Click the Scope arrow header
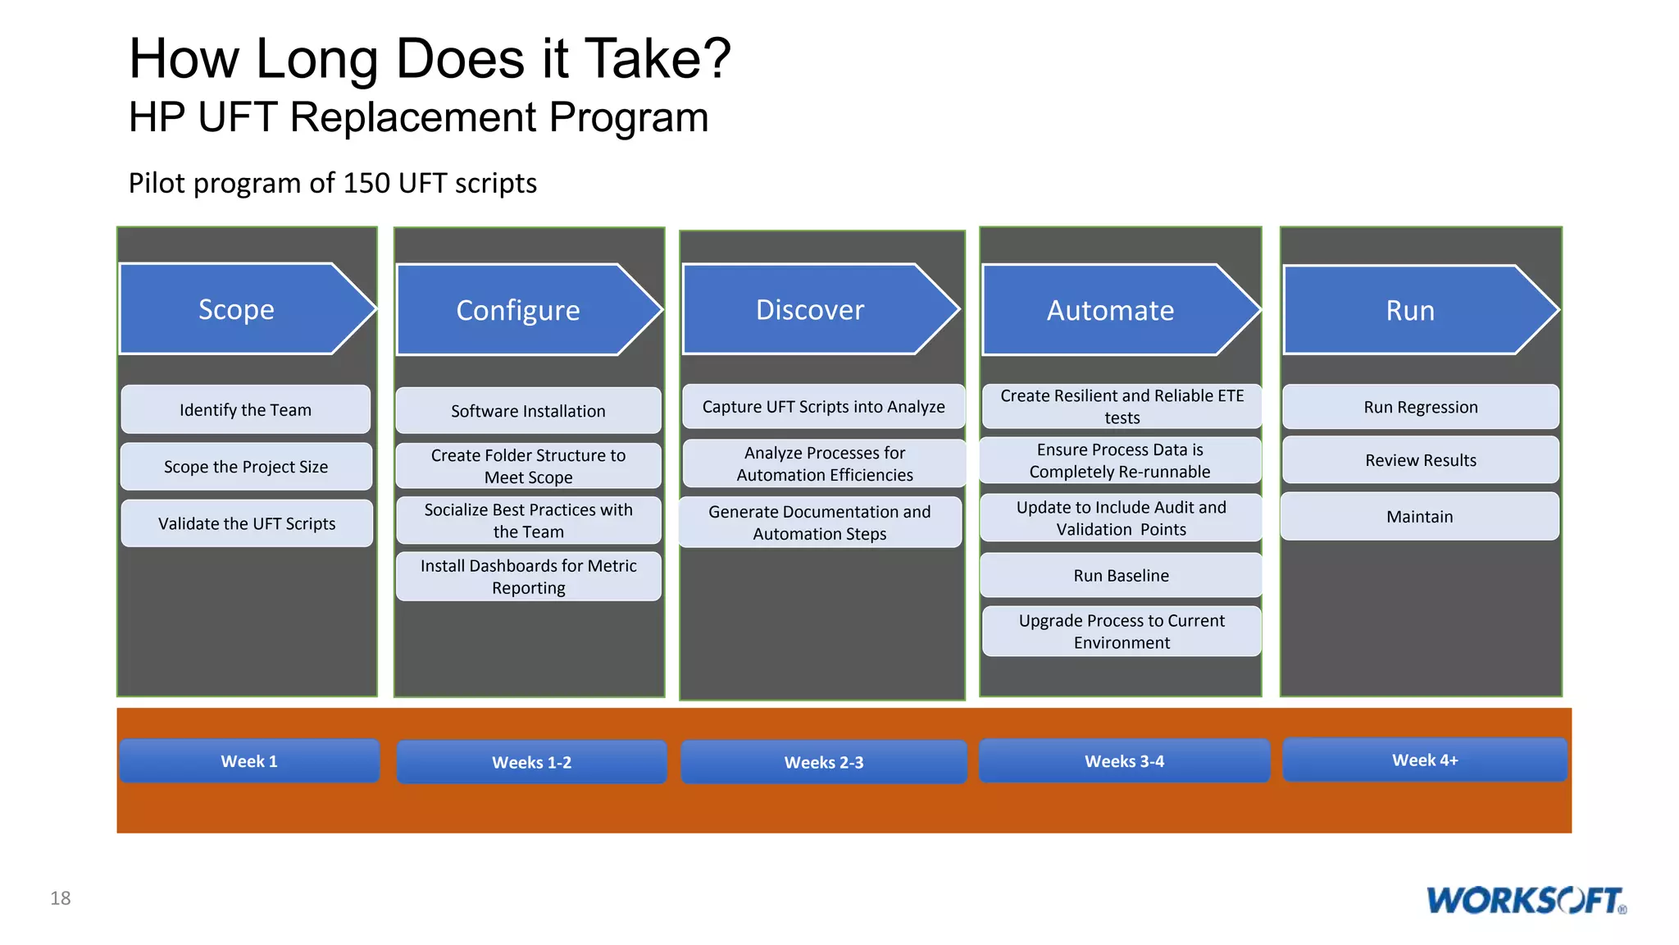click(x=238, y=309)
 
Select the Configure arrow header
click(x=519, y=310)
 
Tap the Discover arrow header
click(x=810, y=309)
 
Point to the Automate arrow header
click(x=1110, y=310)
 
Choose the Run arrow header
click(x=1410, y=310)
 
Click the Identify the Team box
click(x=246, y=409)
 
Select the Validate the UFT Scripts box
click(x=247, y=523)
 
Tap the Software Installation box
click(x=528, y=411)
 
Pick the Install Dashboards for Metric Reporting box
click(x=528, y=577)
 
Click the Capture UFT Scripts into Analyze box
click(x=823, y=407)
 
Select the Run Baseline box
click(x=1121, y=575)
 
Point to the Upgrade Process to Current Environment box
click(x=1122, y=631)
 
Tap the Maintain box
click(x=1419, y=516)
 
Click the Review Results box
click(x=1420, y=460)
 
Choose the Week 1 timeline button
click(x=249, y=761)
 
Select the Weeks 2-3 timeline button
click(x=824, y=762)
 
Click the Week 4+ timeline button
click(x=1425, y=760)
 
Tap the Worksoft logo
click(x=1526, y=900)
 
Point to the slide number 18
click(x=61, y=898)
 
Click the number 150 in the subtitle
click(x=366, y=183)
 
